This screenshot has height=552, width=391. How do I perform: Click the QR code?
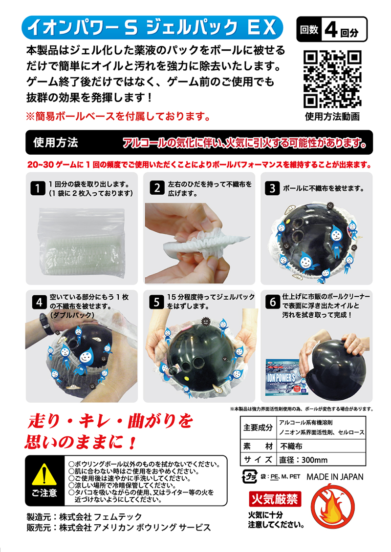coord(332,79)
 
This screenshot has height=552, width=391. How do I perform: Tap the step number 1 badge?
coord(38,188)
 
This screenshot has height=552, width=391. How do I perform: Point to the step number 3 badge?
coord(272,188)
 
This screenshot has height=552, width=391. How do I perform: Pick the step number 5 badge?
coord(156,302)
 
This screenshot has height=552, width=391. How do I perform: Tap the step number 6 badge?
coord(273,302)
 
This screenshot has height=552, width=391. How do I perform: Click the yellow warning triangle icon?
coord(44,474)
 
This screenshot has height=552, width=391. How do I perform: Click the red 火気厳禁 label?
coord(275,499)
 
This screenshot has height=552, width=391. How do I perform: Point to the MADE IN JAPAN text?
coord(335,477)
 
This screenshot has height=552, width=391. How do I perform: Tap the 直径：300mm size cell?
coord(304,460)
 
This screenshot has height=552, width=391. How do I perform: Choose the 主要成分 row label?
coord(258,428)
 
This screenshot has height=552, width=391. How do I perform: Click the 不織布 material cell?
coord(291,446)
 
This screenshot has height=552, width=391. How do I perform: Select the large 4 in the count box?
coord(331,30)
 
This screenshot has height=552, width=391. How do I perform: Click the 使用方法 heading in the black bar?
coord(56,142)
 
